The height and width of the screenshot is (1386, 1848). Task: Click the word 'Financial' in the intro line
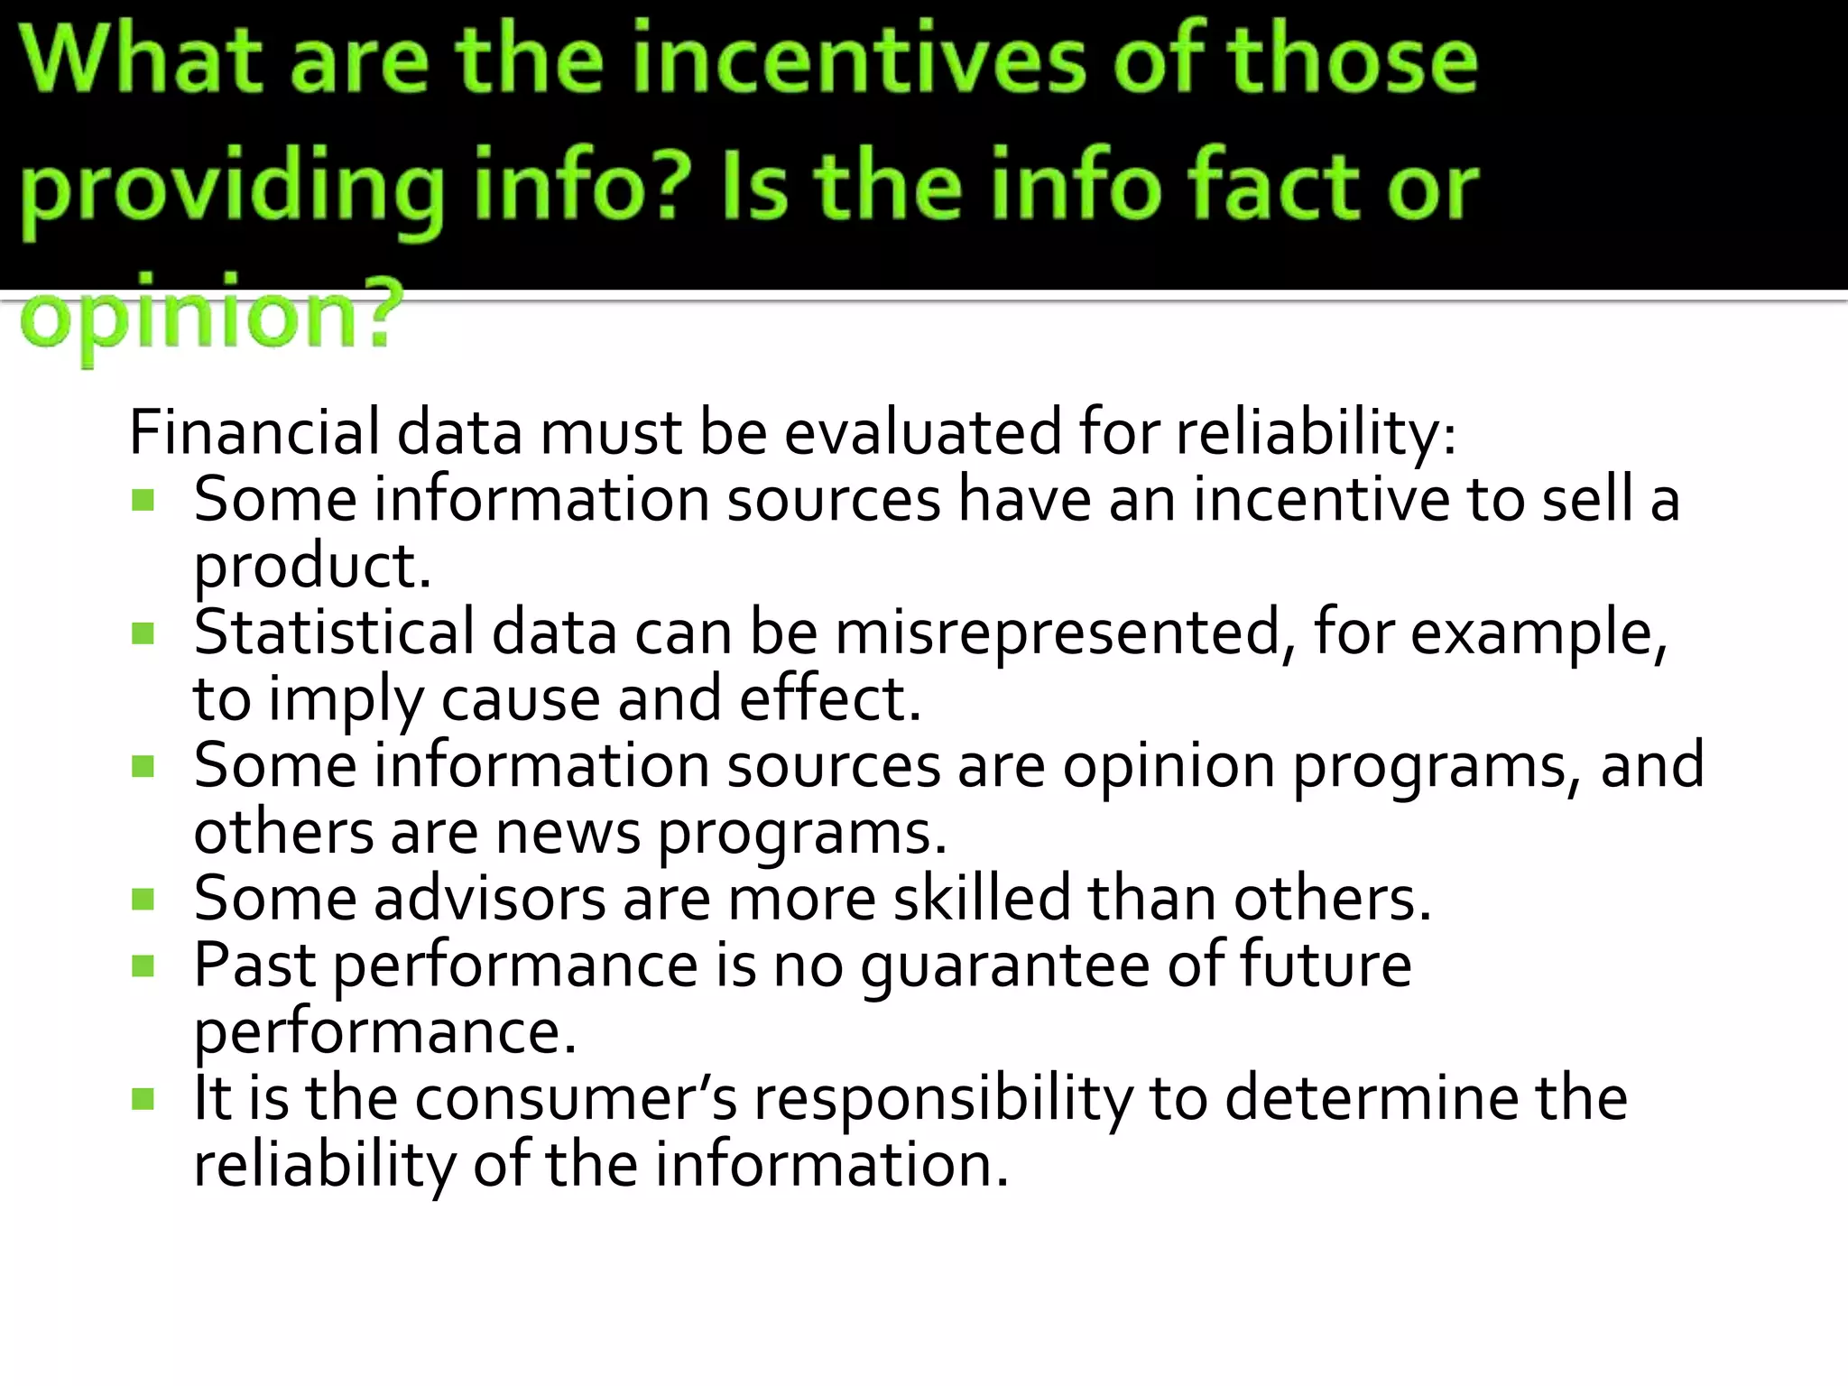tap(254, 432)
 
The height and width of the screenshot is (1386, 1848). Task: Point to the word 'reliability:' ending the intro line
tap(1316, 432)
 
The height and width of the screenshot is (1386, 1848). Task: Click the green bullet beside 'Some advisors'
tap(143, 899)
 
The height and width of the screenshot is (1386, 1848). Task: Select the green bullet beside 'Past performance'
tap(143, 966)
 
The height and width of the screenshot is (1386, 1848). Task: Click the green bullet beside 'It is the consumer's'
tap(143, 1099)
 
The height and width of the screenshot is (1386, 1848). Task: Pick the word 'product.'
tap(312, 568)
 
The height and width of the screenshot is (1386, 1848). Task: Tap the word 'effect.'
tap(830, 698)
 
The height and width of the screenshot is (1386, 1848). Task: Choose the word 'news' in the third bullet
tap(568, 832)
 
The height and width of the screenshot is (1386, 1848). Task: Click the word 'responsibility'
tap(942, 1099)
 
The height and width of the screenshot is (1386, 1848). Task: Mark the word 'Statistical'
tap(334, 632)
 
